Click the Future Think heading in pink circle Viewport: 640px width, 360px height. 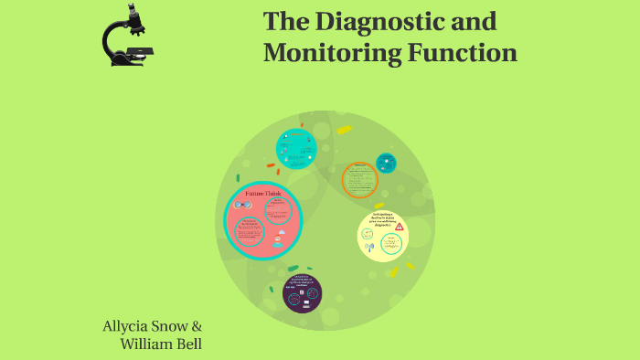tap(261, 194)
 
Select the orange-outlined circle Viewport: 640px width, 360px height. tap(359, 179)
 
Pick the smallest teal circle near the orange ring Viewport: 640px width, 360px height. tap(386, 162)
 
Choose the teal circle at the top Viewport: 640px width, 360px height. tap(296, 148)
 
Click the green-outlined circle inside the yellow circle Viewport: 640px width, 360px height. tap(391, 243)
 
